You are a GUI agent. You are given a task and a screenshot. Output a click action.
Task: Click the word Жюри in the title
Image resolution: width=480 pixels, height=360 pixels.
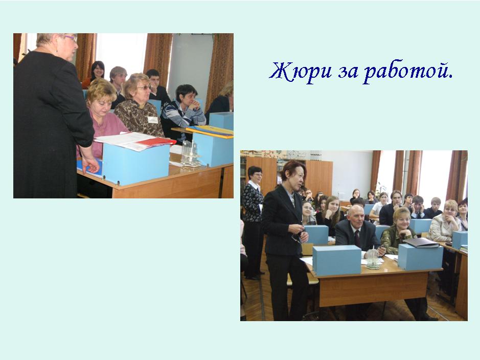click(x=301, y=71)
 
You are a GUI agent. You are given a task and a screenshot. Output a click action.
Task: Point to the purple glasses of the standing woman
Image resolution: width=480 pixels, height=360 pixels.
click(x=71, y=38)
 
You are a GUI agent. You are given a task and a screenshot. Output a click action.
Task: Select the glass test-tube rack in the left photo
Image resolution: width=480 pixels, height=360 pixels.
click(x=190, y=154)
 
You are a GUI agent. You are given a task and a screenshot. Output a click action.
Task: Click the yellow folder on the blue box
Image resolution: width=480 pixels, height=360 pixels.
click(x=210, y=131)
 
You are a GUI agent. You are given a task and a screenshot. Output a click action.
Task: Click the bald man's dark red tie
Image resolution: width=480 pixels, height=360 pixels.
click(x=357, y=238)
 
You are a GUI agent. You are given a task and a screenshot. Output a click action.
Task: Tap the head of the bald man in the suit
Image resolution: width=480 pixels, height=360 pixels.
click(x=357, y=216)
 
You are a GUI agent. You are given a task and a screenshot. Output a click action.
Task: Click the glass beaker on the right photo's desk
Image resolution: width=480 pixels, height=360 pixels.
click(x=373, y=259)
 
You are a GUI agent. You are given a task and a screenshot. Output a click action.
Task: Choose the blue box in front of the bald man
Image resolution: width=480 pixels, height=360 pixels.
click(x=337, y=260)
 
